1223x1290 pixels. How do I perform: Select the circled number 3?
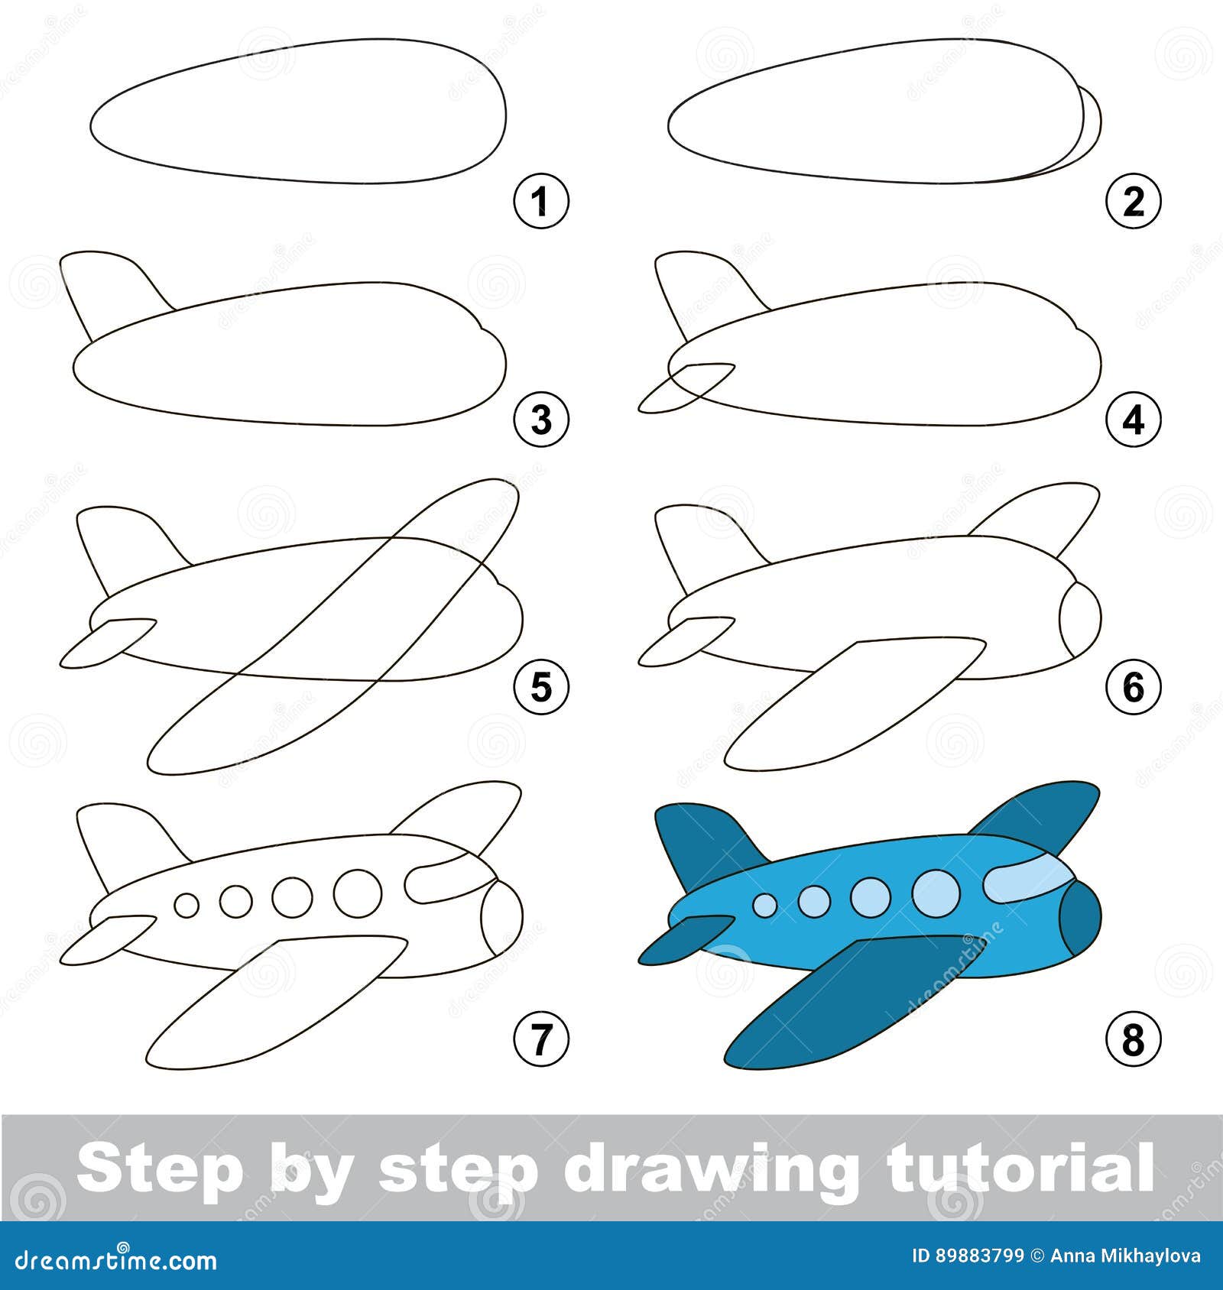[x=541, y=420]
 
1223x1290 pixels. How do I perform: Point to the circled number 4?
[x=1134, y=420]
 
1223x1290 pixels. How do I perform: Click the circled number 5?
[x=541, y=688]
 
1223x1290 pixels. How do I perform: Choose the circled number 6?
[x=1134, y=688]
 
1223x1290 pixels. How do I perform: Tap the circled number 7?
[x=541, y=1039]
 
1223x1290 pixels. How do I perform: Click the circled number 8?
[x=1134, y=1039]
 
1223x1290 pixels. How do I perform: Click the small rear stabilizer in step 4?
[x=680, y=386]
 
